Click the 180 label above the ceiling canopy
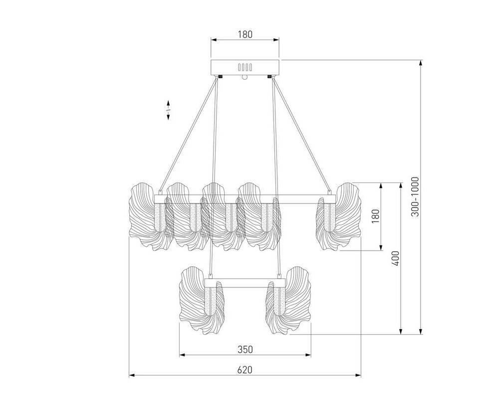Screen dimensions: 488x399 [x=245, y=34]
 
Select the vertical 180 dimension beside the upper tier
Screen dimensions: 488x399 [x=376, y=216]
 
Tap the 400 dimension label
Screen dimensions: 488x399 [x=395, y=258]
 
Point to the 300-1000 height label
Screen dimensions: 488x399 [x=415, y=197]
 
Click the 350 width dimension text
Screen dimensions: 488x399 [x=245, y=350]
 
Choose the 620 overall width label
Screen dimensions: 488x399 [x=245, y=370]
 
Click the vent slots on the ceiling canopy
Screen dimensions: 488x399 [x=245, y=67]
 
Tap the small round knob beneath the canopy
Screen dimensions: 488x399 [x=244, y=77]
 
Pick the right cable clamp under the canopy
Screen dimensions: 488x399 [x=269, y=76]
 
